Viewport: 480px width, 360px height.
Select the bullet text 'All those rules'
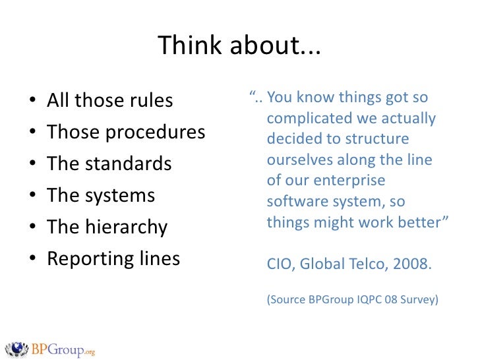click(x=109, y=101)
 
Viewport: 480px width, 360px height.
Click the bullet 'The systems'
click(x=101, y=196)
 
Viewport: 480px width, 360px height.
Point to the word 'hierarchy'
click(x=125, y=227)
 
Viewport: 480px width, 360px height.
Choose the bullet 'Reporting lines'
click(x=113, y=259)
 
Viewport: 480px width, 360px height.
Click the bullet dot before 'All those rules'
click(x=32, y=102)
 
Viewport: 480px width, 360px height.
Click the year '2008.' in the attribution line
click(x=410, y=265)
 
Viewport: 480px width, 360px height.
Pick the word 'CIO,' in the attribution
click(x=280, y=265)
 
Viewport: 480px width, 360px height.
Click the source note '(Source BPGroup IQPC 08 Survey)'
click(x=352, y=299)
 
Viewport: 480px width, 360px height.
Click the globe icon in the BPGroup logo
click(x=16, y=347)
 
